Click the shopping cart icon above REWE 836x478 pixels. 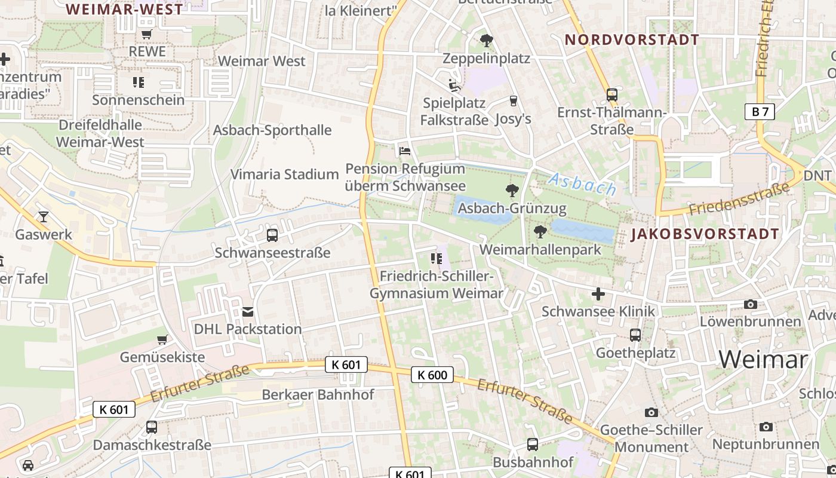click(147, 34)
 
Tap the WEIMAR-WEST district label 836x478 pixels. click(124, 9)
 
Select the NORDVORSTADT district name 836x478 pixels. click(632, 40)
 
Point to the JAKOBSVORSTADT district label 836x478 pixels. click(705, 234)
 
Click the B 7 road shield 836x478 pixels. click(760, 112)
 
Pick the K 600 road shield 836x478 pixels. click(432, 375)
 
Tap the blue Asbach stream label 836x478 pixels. click(582, 184)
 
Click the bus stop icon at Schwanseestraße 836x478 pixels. click(272, 235)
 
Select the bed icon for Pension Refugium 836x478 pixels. click(405, 151)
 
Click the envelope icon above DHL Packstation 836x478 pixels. click(248, 311)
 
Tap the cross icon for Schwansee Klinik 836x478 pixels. click(598, 294)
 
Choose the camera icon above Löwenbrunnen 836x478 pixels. click(751, 304)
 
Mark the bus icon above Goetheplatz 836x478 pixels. click(635, 335)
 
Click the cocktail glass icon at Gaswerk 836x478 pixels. click(43, 216)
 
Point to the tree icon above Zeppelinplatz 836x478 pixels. click(487, 41)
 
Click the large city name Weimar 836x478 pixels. click(763, 359)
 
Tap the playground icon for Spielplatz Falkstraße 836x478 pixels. click(454, 85)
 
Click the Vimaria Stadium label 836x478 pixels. click(285, 174)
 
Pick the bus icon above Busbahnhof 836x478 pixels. click(533, 445)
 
